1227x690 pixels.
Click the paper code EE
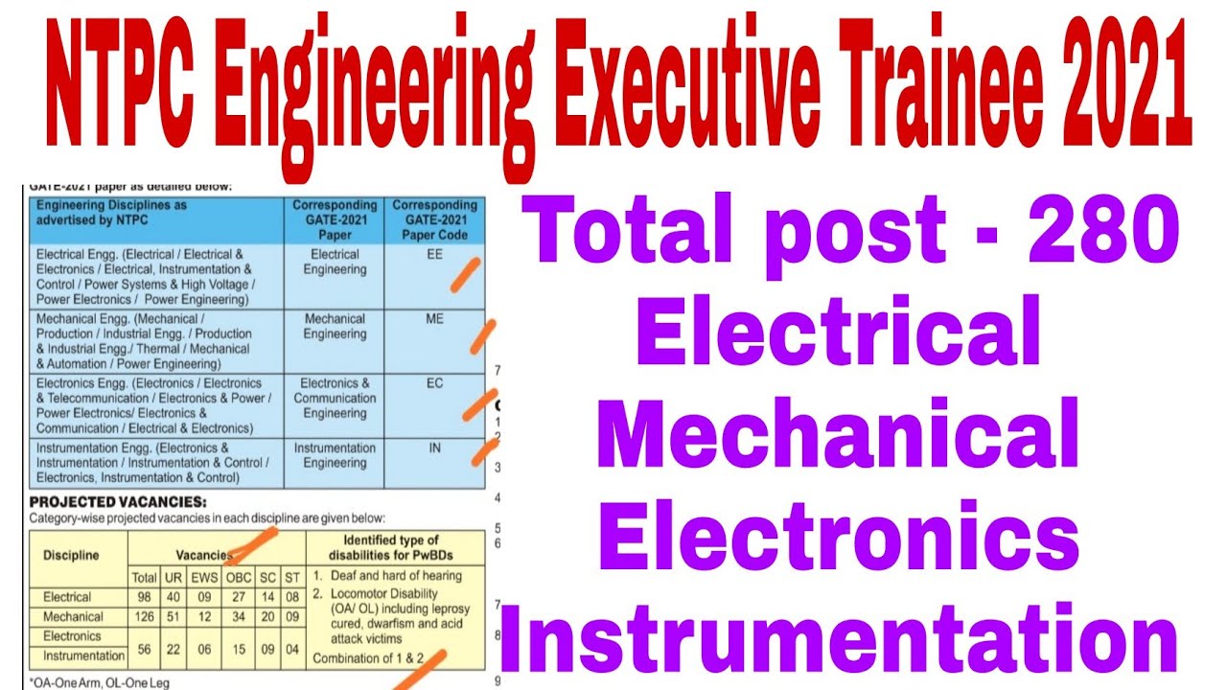434,255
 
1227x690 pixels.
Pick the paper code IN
434,448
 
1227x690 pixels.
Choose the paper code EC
434,383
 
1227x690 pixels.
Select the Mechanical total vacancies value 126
144,616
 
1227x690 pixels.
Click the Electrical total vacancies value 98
144,597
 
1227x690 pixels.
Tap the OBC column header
238,577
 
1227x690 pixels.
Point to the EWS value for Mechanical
204,616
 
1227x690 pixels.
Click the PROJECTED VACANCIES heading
118,502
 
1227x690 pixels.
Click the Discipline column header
70,555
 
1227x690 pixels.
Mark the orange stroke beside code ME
482,336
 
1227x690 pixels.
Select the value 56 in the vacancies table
144,649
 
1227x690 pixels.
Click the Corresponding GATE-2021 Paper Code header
434,219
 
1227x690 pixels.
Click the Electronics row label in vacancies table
72,636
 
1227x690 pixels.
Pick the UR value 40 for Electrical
174,597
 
